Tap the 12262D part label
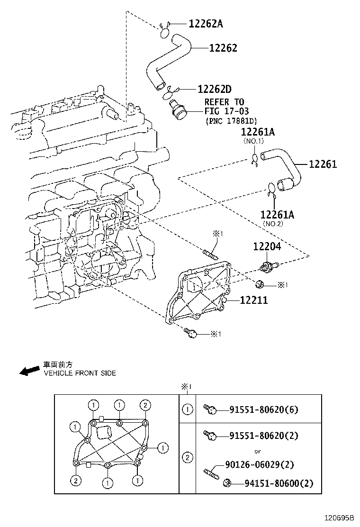215,89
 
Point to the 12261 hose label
323,164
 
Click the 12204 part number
267,246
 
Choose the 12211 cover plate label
253,300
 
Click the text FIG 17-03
224,111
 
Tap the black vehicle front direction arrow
29,370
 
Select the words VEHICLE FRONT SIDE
80,373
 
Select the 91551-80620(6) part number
264,409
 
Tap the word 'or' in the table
258,451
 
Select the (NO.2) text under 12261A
273,224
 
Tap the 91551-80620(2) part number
264,436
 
